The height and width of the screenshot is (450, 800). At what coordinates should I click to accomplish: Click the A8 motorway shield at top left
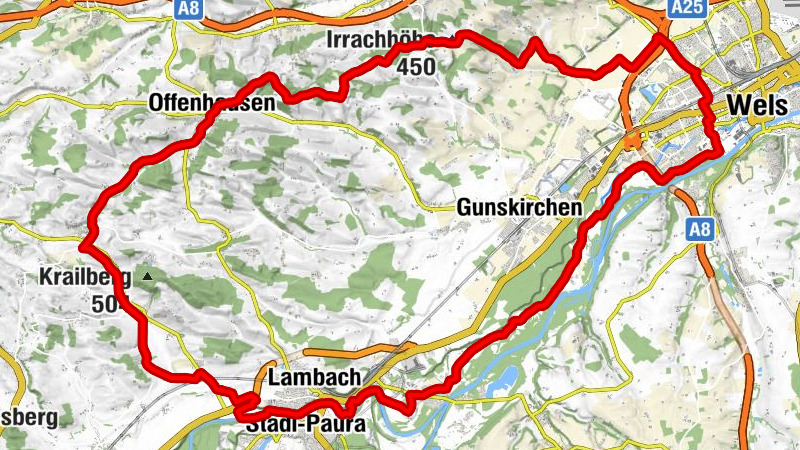[186, 8]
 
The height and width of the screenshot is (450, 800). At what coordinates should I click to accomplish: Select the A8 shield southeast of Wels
[703, 231]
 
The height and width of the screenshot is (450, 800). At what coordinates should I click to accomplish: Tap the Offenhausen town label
[197, 103]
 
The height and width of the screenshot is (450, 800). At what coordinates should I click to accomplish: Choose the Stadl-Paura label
[305, 425]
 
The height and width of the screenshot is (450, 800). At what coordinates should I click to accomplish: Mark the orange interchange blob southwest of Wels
[633, 142]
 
